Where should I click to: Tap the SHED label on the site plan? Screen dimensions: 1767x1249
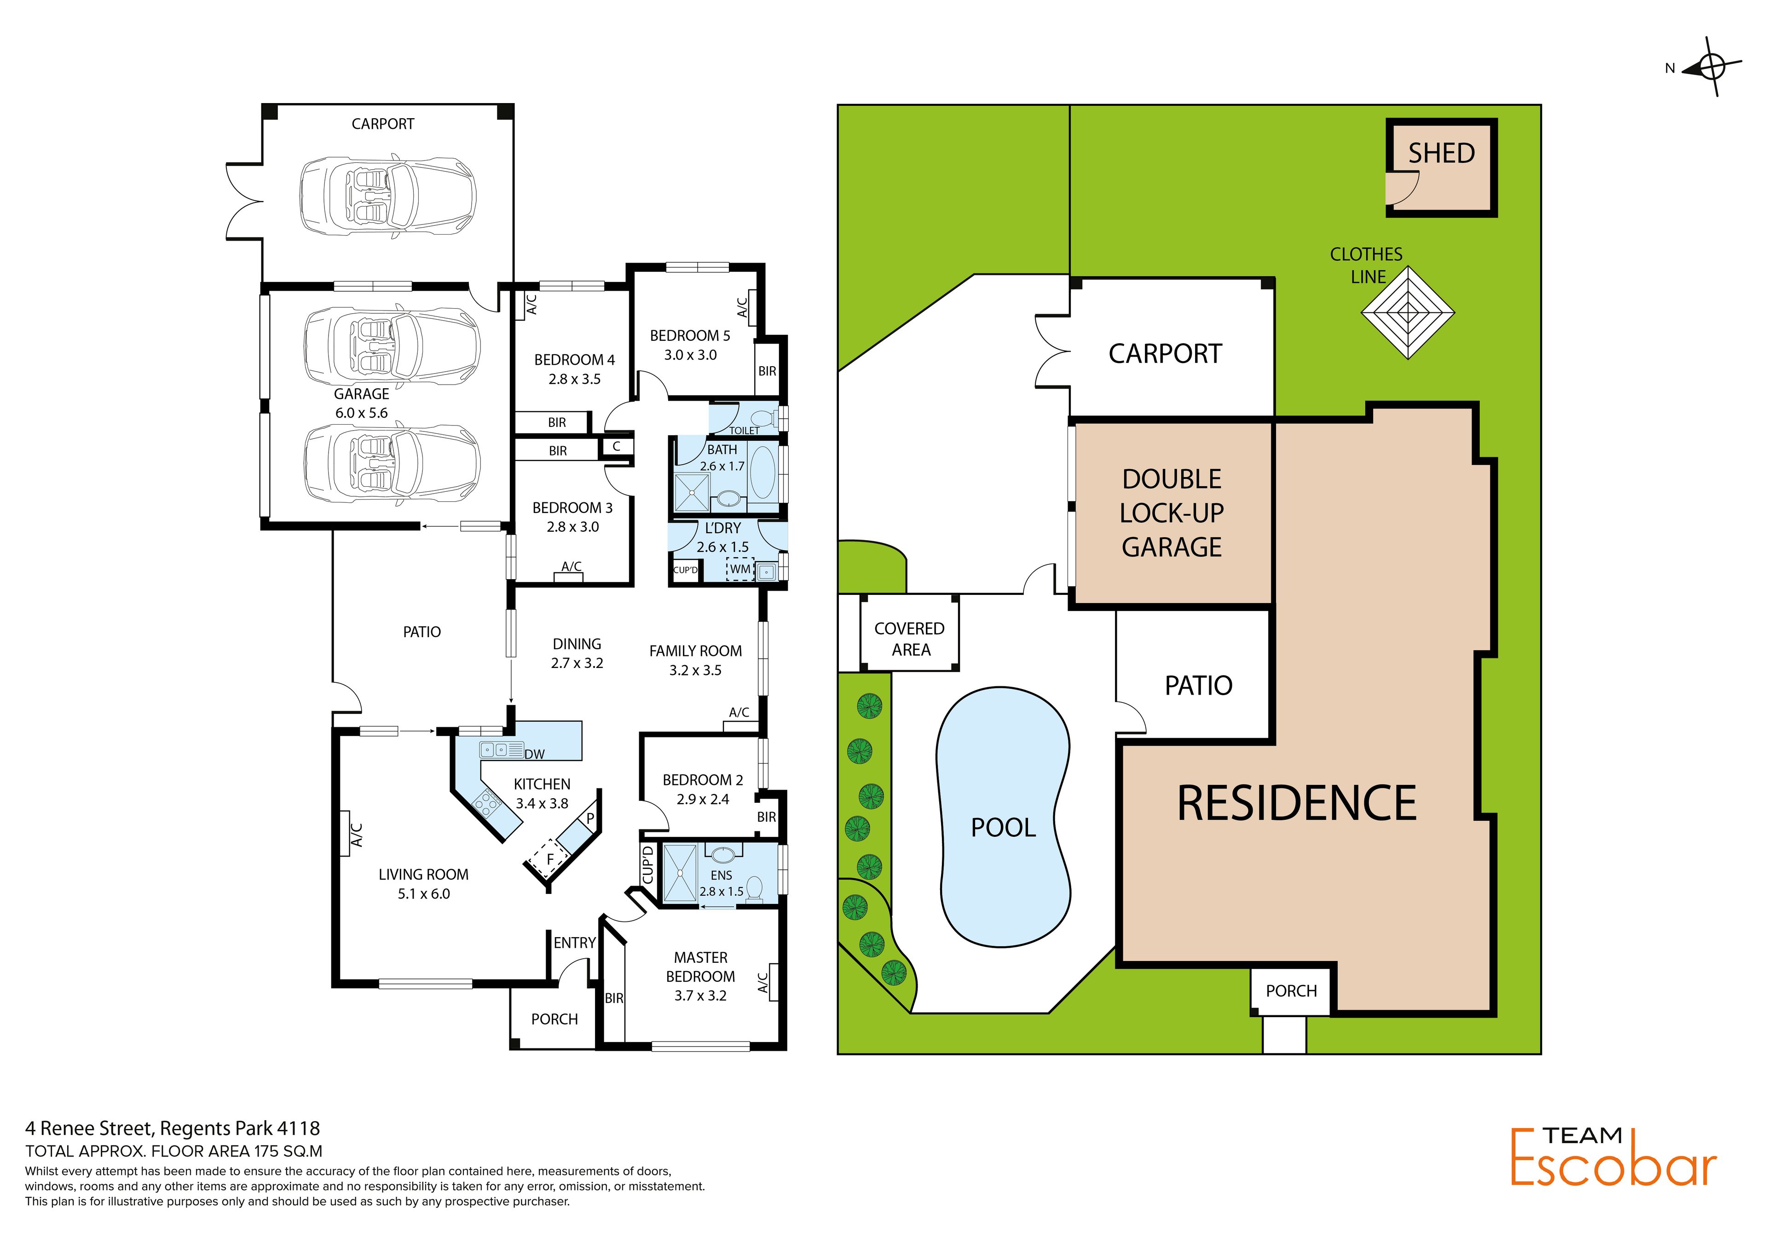pos(1442,153)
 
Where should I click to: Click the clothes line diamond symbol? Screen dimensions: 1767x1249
pos(1408,312)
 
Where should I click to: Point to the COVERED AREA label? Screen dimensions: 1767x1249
pos(910,639)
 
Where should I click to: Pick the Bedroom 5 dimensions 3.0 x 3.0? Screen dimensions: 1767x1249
pos(690,355)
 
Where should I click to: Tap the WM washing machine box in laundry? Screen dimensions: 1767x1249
pos(739,569)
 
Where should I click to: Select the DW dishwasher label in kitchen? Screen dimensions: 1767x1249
pos(534,754)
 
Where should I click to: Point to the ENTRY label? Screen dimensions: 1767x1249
pos(574,943)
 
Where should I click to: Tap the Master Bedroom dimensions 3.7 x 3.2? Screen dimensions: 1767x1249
pos(700,995)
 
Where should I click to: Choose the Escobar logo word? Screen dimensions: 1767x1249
pos(1613,1168)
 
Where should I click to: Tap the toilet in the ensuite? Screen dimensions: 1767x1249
pos(754,888)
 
